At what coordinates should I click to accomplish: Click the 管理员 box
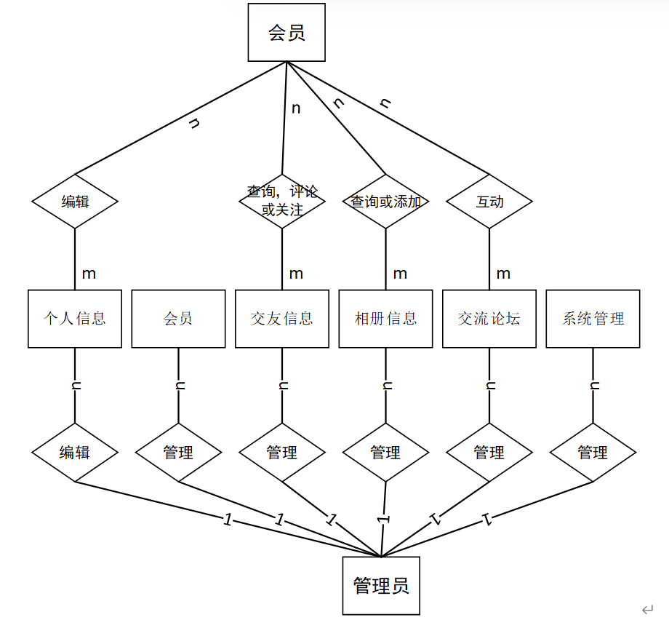tap(381, 585)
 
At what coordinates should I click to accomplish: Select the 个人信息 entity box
tap(75, 319)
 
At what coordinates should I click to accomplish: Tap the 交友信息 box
tap(282, 319)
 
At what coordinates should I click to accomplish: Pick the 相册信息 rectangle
tap(385, 319)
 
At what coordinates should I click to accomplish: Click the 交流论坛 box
tap(489, 319)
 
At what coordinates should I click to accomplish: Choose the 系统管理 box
tap(593, 319)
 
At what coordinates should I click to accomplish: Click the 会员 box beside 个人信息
tap(178, 319)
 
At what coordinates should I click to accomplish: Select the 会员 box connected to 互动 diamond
tap(287, 33)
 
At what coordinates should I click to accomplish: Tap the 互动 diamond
tap(489, 202)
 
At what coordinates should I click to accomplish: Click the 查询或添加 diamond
tap(385, 202)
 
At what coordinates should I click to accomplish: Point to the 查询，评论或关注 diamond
tap(282, 201)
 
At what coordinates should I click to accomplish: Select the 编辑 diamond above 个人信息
tap(75, 202)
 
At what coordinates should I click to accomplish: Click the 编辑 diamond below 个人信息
tap(75, 453)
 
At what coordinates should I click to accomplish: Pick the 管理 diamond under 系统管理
tap(593, 453)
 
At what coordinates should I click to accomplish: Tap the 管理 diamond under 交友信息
tap(282, 453)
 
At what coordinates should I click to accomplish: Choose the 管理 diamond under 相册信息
tap(385, 453)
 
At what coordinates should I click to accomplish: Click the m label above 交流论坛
tap(503, 274)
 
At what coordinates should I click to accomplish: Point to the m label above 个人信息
tap(89, 274)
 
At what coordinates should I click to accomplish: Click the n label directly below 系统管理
tap(594, 386)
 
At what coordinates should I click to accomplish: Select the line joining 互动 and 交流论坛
tap(489, 255)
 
